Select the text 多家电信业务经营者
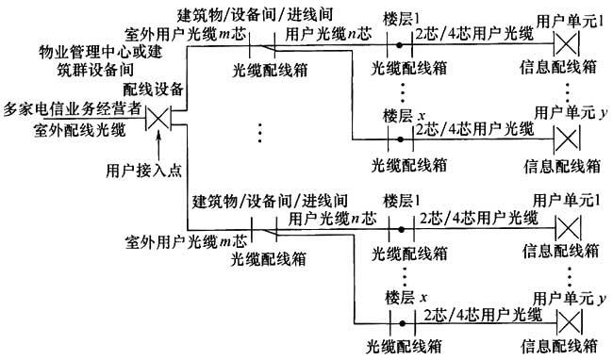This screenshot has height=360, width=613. point(72,108)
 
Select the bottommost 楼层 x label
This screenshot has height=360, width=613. point(406,297)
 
